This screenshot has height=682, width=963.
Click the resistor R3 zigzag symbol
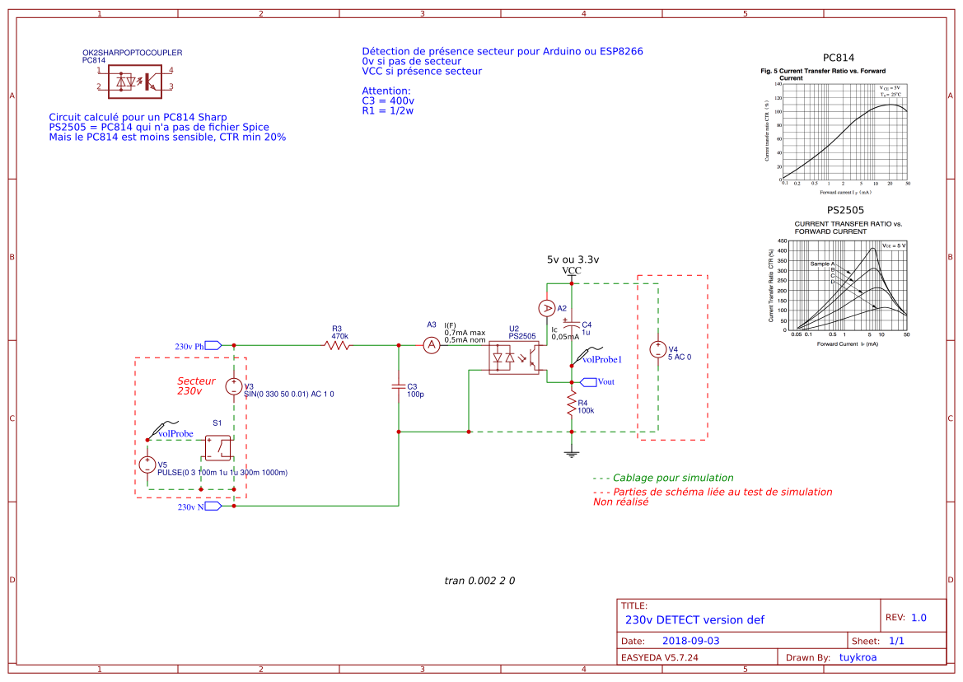(338, 346)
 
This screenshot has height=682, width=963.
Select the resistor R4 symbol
(570, 404)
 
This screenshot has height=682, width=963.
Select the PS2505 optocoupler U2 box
(514, 358)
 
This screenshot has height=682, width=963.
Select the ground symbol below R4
(570, 451)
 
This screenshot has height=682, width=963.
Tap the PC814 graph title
(839, 58)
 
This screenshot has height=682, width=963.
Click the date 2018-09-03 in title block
(690, 640)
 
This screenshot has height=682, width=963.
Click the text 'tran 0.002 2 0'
(479, 581)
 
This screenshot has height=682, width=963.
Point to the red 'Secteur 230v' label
(196, 385)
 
